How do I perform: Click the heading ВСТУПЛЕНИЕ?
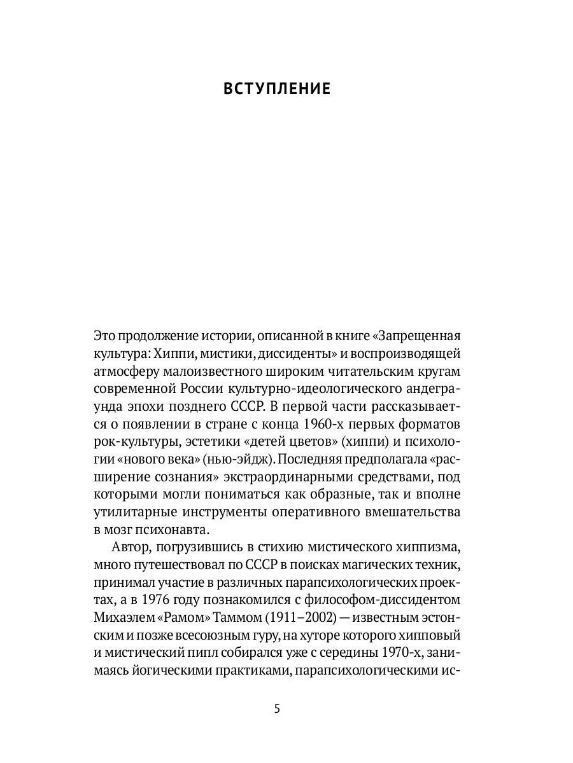(277, 89)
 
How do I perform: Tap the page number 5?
(277, 710)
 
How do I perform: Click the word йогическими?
(163, 671)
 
